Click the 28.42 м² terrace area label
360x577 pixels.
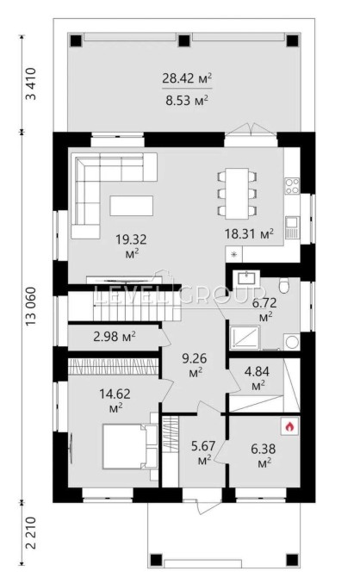pos(187,78)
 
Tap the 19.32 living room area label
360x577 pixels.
pos(131,245)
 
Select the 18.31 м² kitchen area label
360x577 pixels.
pos(249,233)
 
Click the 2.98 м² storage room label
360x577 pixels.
pos(115,337)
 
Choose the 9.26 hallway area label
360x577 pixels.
pos(195,364)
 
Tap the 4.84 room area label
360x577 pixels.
pos(257,377)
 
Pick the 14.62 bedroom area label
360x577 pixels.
pos(115,400)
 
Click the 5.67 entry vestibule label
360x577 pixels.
pos(202,452)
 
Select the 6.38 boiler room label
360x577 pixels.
pos(263,456)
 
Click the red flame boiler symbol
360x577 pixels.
pos(289,427)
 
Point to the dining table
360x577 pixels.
pos(237,194)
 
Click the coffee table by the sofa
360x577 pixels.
pos(132,205)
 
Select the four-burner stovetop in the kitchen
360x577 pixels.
pos(292,186)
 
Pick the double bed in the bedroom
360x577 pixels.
pos(126,446)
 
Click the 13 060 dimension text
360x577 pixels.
pos(32,307)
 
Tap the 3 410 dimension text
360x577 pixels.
pos(31,84)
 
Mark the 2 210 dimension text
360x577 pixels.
pos(31,533)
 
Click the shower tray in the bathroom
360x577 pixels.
pos(245,338)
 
